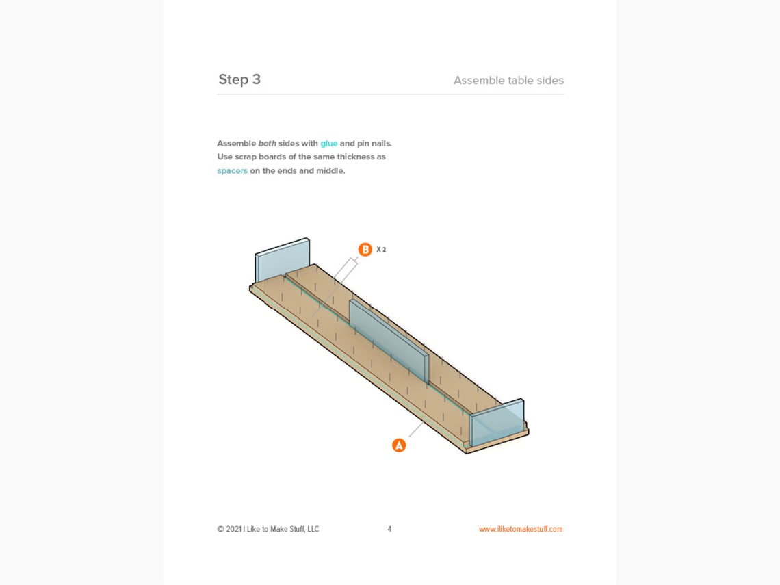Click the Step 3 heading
click(x=239, y=79)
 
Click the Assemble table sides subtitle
click(x=508, y=81)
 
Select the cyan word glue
click(x=329, y=144)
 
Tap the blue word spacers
click(x=232, y=171)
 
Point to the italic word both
click(x=267, y=144)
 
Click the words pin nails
click(x=374, y=144)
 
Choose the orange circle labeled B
click(x=365, y=250)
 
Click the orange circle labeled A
click(x=399, y=445)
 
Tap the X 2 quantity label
click(x=381, y=250)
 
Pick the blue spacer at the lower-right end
click(x=497, y=422)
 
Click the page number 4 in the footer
click(x=389, y=529)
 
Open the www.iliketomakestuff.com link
click(x=521, y=529)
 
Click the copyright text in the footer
click(x=268, y=529)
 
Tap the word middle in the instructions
click(x=330, y=171)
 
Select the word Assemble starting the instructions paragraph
click(x=236, y=144)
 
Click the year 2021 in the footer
click(x=233, y=529)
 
